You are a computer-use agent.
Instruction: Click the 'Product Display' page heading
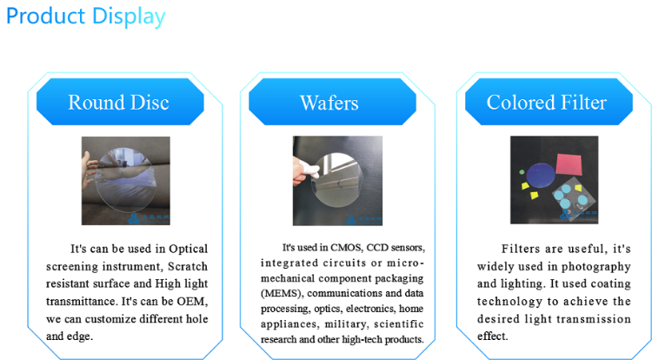tap(85, 17)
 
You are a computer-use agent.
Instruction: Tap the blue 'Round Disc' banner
tap(118, 103)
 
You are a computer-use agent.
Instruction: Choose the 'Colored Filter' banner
tap(546, 103)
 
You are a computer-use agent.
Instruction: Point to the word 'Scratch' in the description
tap(186, 266)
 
